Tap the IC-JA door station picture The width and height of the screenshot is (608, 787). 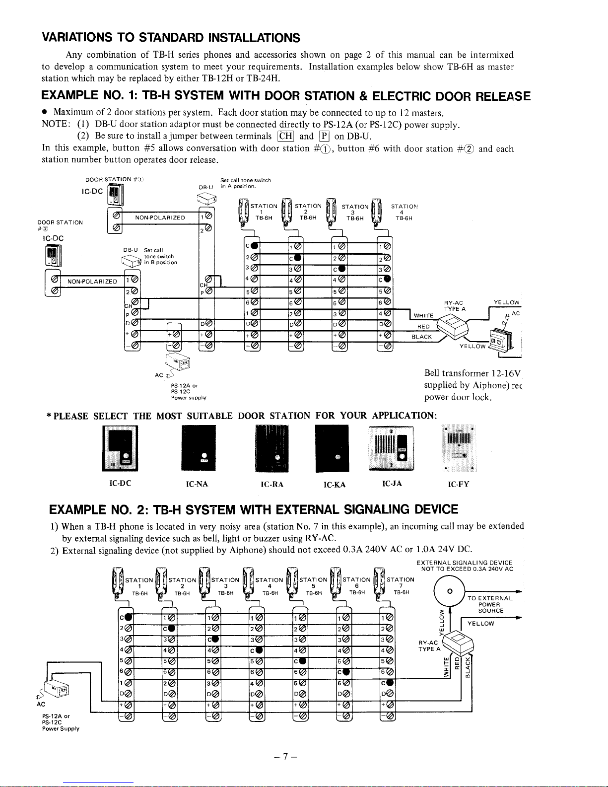click(391, 447)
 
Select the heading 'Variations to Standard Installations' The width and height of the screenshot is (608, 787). click(171, 38)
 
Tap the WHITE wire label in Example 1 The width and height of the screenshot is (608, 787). click(424, 316)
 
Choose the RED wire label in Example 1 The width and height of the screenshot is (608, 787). click(423, 327)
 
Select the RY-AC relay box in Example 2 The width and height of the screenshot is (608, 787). click(459, 644)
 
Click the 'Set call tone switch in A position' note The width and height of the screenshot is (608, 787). click(245, 183)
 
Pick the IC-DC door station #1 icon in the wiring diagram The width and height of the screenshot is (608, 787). click(115, 195)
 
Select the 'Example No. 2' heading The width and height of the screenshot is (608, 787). click(253, 509)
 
